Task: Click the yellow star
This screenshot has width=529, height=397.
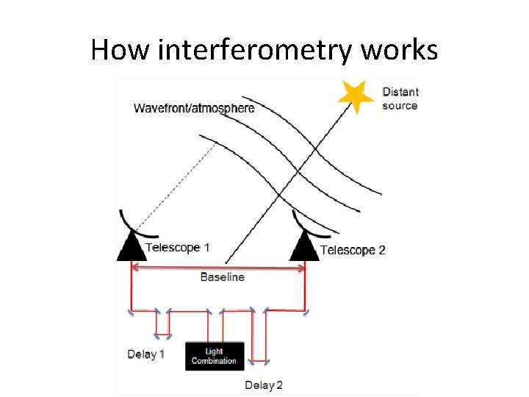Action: click(x=355, y=96)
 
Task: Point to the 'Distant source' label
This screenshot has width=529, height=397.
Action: click(x=400, y=99)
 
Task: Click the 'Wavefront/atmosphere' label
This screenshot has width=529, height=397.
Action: click(x=194, y=108)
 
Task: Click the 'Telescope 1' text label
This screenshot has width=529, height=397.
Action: click(x=177, y=247)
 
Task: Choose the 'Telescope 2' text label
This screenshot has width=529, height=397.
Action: click(x=353, y=250)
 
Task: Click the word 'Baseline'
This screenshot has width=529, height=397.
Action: click(x=222, y=277)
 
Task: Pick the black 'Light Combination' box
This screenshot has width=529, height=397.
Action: click(x=214, y=356)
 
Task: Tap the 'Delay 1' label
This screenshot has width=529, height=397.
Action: click(x=145, y=354)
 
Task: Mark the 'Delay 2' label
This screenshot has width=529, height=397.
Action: click(x=264, y=385)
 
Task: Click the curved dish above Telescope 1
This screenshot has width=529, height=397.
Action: click(x=125, y=221)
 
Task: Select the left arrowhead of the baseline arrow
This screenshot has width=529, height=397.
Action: click(x=134, y=268)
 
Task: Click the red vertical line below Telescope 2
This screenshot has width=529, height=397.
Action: click(x=304, y=287)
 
